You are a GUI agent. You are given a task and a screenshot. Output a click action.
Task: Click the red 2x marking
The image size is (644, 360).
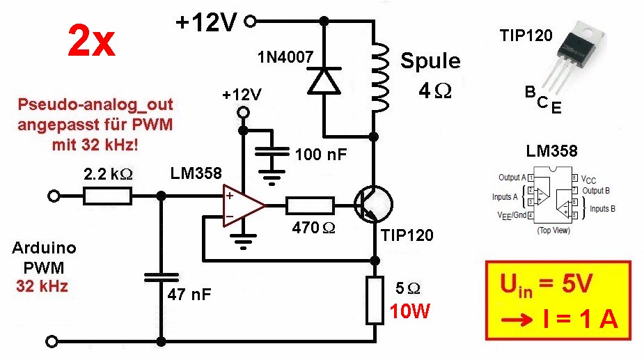(x=91, y=42)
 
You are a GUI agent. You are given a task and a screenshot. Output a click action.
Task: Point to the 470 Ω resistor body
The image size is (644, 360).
(x=311, y=205)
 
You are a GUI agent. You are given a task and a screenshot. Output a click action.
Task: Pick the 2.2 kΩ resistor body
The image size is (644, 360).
(x=107, y=197)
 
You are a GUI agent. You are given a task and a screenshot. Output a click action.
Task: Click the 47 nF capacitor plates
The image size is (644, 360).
(x=162, y=278)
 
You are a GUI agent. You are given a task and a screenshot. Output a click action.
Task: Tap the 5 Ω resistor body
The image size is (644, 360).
(x=375, y=300)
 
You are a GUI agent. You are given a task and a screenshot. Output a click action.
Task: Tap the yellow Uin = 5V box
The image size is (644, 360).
(x=558, y=300)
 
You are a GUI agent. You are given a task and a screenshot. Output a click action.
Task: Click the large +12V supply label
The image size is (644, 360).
(x=206, y=22)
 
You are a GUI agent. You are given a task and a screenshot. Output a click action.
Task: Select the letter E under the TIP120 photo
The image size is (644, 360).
(x=556, y=109)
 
